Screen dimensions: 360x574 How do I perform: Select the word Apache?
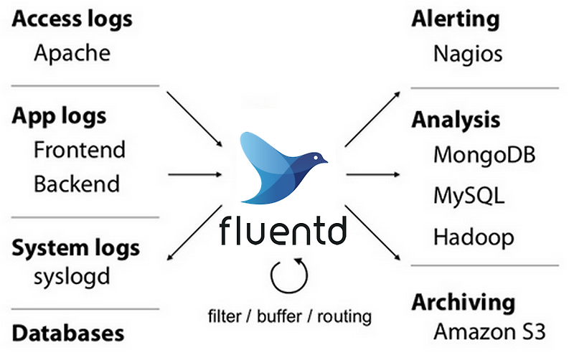point(72,54)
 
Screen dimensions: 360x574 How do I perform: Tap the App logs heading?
point(59,116)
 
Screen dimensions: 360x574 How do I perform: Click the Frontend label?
point(79,150)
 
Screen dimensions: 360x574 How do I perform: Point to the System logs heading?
point(76,249)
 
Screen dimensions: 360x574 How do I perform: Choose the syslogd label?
point(72,277)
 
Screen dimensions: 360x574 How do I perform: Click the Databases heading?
point(68,333)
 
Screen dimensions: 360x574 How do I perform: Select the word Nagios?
point(468,54)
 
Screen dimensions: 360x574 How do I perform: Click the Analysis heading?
point(456,120)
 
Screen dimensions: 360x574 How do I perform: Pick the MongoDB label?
point(484,154)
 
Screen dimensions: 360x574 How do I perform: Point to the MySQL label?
point(469,196)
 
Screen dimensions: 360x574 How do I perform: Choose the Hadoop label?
point(474,236)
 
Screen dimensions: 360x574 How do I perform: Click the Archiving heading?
point(464,303)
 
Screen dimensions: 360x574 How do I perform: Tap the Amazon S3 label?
point(489,332)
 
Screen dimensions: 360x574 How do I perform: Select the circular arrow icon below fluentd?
point(289,275)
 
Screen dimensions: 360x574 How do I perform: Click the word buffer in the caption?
point(288,316)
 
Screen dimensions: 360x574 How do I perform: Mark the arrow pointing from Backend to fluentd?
point(194,174)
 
